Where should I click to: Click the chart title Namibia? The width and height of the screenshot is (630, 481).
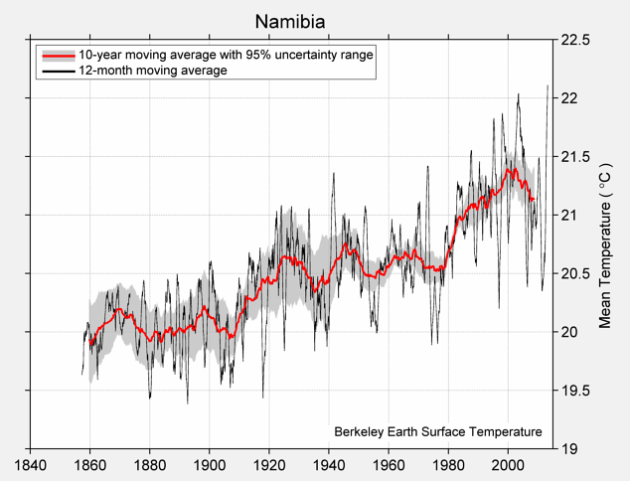[x=289, y=21]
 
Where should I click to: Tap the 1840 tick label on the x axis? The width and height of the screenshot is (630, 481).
[x=30, y=465]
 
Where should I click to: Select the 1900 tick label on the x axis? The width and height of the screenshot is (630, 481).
[x=209, y=465]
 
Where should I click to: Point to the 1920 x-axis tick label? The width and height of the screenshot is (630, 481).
[x=269, y=465]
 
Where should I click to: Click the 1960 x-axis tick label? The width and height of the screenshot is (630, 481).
[x=389, y=465]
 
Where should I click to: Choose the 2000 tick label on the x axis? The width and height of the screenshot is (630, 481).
[x=508, y=465]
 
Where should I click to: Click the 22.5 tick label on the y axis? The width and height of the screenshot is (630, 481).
[x=575, y=41]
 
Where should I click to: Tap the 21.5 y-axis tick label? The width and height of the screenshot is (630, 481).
[x=575, y=157]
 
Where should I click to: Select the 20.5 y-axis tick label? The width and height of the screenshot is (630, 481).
[x=575, y=273]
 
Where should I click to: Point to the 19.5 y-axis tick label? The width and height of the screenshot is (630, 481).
[x=575, y=391]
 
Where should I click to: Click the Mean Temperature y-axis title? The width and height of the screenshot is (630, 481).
[x=605, y=244]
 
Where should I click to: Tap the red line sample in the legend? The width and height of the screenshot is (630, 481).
[x=57, y=56]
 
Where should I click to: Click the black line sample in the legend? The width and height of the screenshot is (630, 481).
[x=57, y=72]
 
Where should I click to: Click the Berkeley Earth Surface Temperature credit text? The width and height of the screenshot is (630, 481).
[x=438, y=431]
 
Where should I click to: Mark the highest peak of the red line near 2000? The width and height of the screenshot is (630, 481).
[x=510, y=170]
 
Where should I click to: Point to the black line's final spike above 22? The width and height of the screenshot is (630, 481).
[x=548, y=86]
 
